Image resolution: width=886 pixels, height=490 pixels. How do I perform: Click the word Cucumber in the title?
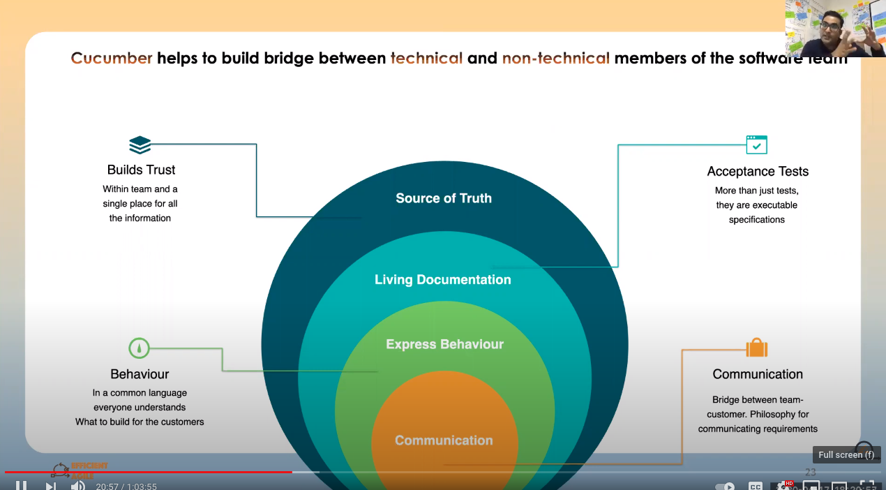pos(112,58)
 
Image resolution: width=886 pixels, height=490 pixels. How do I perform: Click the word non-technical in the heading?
pos(555,58)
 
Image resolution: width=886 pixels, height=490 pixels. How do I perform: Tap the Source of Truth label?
pos(444,198)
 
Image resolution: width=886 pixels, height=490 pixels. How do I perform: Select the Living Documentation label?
pos(443,280)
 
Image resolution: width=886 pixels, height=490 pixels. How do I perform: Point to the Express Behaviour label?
pos(444,344)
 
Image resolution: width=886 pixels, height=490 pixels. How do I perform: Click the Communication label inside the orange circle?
pos(444,440)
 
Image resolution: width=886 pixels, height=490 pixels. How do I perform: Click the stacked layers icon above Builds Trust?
pos(140,144)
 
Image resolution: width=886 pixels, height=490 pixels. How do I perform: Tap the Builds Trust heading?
pos(141,170)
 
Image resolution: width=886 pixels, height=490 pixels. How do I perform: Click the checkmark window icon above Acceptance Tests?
pos(756,144)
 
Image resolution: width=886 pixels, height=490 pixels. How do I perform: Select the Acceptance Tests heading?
pos(758,171)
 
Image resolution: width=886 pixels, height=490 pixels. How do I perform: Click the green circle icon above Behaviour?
pos(140,348)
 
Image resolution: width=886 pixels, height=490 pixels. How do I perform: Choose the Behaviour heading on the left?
pos(140,374)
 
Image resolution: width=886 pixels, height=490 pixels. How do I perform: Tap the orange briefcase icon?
pos(756,348)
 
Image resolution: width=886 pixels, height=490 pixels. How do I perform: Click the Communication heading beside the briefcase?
pos(758,374)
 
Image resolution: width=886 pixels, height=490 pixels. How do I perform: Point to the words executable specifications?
pos(757,212)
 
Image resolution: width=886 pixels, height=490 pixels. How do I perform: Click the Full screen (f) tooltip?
pos(846,454)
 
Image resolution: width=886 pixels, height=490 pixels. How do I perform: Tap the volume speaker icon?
pos(77,485)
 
